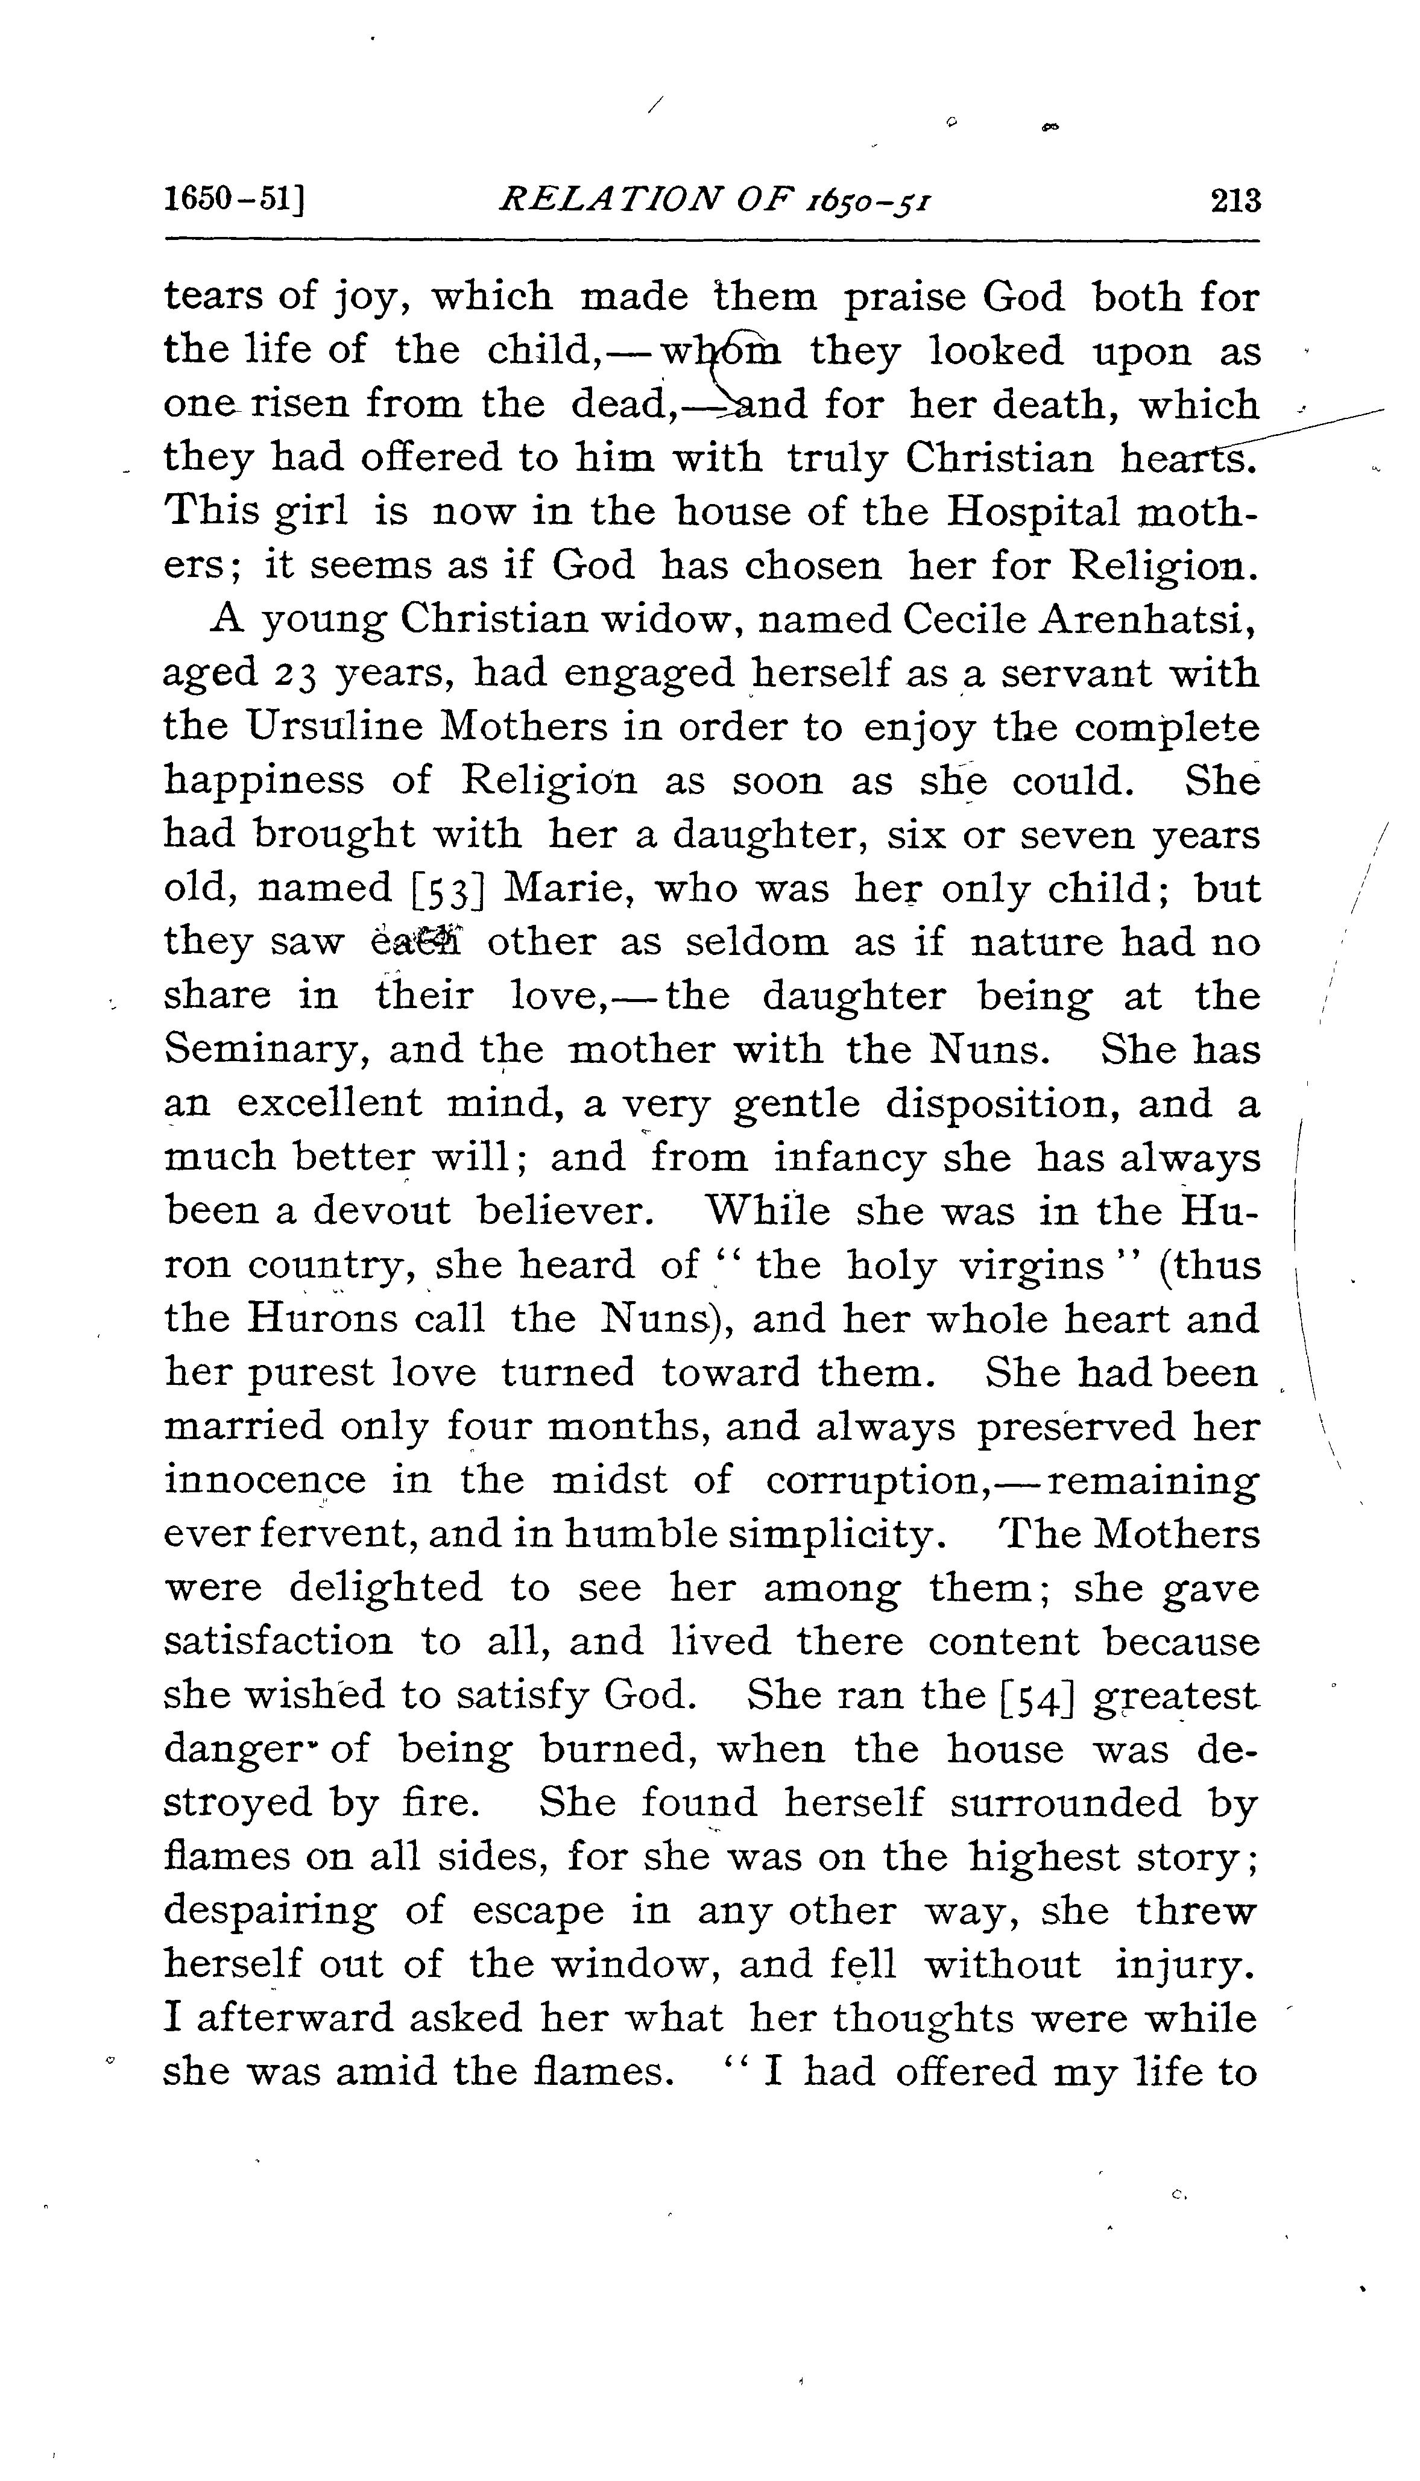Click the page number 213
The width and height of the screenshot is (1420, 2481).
pyautogui.click(x=1235, y=202)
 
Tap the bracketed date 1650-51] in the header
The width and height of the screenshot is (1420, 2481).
pyautogui.click(x=235, y=202)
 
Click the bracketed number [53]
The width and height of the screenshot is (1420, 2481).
pyautogui.click(x=450, y=890)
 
